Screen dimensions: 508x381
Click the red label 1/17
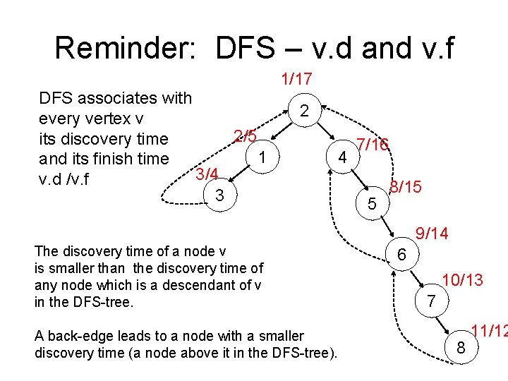296,80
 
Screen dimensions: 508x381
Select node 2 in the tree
303,111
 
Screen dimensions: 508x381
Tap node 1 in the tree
262,157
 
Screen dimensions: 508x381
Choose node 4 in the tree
341,156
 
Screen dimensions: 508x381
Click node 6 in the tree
401,254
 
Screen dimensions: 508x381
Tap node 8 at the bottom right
461,347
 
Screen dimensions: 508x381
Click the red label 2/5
245,135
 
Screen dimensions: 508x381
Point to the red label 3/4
207,174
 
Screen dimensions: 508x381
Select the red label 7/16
373,145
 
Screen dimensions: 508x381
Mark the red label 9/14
433,233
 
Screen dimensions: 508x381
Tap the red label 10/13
462,280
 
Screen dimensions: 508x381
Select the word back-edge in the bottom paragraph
78,336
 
